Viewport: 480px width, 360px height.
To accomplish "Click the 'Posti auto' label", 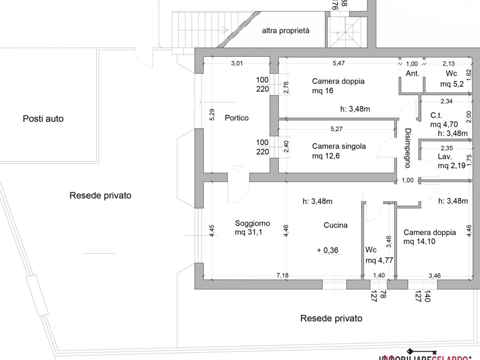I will [43, 119].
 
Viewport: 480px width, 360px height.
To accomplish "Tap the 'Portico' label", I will [236, 118].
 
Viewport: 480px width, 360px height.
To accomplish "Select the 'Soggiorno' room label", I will [252, 224].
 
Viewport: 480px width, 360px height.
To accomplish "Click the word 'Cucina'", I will [336, 225].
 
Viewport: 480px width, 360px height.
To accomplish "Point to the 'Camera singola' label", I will [339, 146].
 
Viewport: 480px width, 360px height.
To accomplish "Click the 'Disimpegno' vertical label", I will [407, 148].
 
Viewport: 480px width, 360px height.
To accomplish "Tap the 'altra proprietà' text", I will [286, 30].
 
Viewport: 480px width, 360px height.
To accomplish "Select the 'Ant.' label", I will [412, 74].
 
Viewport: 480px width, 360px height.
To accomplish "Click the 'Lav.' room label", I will [445, 156].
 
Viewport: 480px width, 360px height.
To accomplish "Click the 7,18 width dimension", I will [283, 276].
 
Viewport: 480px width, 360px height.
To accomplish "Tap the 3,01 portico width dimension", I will [237, 63].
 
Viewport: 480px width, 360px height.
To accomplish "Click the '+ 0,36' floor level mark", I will [328, 251].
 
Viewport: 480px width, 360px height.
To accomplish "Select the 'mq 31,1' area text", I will [248, 233].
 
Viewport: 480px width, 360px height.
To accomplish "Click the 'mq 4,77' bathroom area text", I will [379, 260].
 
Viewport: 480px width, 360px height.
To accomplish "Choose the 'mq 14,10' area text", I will [419, 242].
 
